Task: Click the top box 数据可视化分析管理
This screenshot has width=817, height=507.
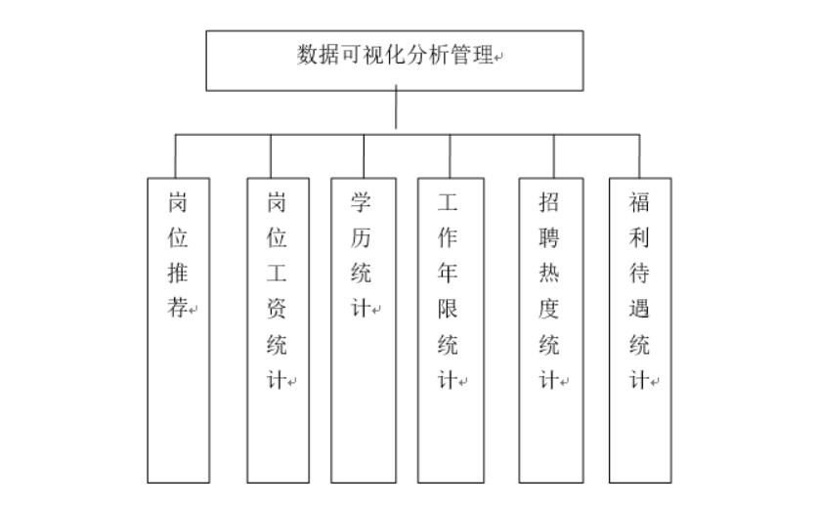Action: click(395, 60)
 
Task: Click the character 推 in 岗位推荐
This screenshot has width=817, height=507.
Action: click(178, 274)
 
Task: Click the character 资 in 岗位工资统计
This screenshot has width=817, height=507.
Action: click(277, 309)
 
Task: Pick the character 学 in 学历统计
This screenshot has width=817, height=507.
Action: click(361, 202)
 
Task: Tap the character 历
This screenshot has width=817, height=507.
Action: click(361, 237)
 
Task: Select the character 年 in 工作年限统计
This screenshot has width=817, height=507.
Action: click(448, 274)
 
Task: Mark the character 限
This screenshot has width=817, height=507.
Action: click(448, 309)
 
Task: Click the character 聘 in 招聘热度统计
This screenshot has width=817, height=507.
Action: click(549, 237)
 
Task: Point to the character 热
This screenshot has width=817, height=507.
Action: click(549, 274)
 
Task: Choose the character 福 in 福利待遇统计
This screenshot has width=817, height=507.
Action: click(639, 202)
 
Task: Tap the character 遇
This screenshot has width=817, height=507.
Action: click(639, 309)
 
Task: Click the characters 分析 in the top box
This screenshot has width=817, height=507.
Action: click(426, 55)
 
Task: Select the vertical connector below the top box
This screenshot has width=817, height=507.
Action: click(396, 109)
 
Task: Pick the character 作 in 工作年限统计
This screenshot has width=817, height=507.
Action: click(448, 237)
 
